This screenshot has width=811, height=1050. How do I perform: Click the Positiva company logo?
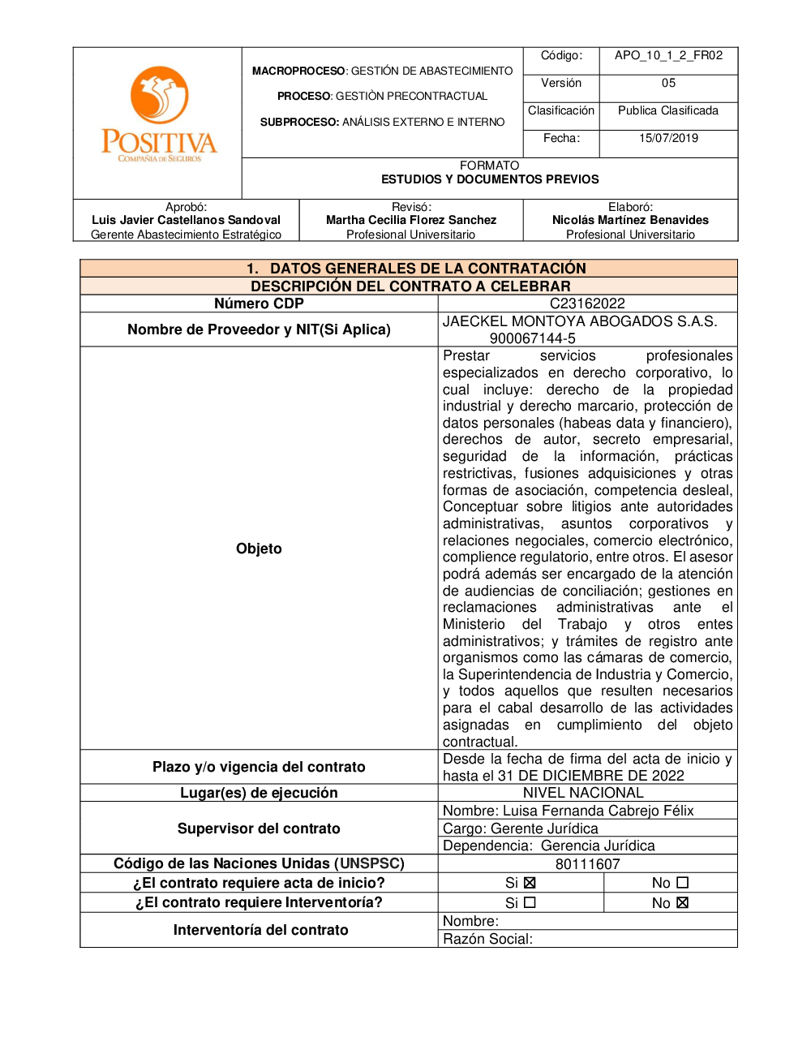tap(159, 114)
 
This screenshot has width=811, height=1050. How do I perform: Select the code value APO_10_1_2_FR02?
tap(668, 55)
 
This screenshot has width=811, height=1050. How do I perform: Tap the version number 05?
tap(668, 83)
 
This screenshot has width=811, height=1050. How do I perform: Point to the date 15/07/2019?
tap(668, 138)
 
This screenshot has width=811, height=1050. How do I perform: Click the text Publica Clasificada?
tap(668, 110)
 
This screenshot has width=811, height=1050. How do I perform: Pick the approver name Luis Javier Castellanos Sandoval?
tap(186, 220)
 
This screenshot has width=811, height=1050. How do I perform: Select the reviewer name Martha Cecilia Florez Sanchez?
tap(411, 220)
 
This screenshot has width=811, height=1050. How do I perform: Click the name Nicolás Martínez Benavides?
tap(630, 220)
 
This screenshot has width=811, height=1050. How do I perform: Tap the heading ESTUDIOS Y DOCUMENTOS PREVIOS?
tap(490, 179)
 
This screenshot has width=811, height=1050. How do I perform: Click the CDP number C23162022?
tap(587, 303)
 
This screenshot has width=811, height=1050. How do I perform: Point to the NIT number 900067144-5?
tap(532, 338)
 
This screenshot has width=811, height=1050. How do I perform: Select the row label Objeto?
tap(259, 549)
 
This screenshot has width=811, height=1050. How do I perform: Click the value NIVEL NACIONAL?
tap(583, 793)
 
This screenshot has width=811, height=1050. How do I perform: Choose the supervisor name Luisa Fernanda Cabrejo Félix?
tap(599, 811)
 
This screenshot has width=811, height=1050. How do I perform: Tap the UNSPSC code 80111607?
tap(587, 864)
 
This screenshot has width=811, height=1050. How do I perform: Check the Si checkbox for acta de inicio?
tap(530, 883)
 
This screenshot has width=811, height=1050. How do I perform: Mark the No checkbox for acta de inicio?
tap(682, 883)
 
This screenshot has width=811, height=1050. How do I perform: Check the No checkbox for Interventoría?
tap(682, 903)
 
